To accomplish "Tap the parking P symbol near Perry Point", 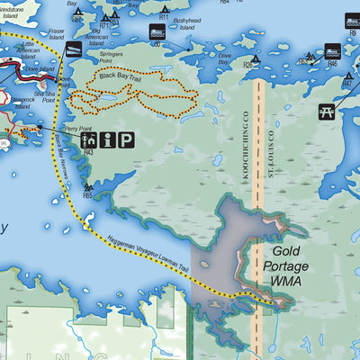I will (x=127, y=139).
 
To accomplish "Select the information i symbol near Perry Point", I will (x=108, y=139).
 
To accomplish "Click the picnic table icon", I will (x=326, y=112).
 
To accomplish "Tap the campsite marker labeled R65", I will (x=87, y=186).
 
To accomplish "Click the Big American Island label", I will (x=109, y=35).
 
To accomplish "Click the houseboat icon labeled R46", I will (x=331, y=50).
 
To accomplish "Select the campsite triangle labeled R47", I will (x=346, y=76).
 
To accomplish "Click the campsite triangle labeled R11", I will (x=164, y=8).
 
